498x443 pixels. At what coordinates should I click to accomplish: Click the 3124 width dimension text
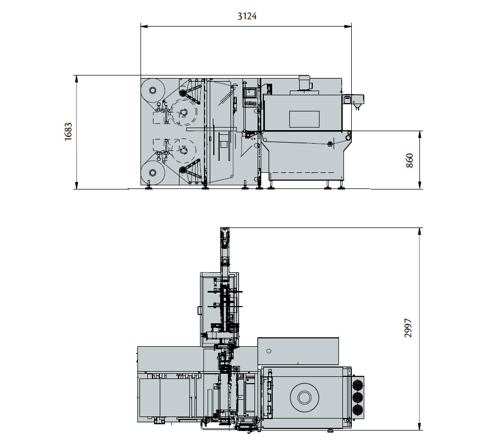pyautogui.click(x=247, y=16)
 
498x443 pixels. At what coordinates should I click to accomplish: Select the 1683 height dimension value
pyautogui.click(x=68, y=132)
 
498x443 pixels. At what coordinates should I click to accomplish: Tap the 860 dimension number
pyautogui.click(x=410, y=160)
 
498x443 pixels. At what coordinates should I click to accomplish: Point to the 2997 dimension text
pyautogui.click(x=408, y=328)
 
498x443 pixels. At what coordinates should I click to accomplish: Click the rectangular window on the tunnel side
pyautogui.click(x=304, y=119)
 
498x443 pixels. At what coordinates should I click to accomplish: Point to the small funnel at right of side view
pyautogui.click(x=357, y=108)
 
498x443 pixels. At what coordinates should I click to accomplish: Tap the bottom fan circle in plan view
pyautogui.click(x=357, y=410)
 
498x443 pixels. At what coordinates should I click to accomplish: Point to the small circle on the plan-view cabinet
pyautogui.click(x=269, y=350)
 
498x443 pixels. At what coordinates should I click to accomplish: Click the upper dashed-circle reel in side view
pyautogui.click(x=183, y=111)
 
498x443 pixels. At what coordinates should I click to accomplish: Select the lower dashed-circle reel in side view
pyautogui.click(x=183, y=151)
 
